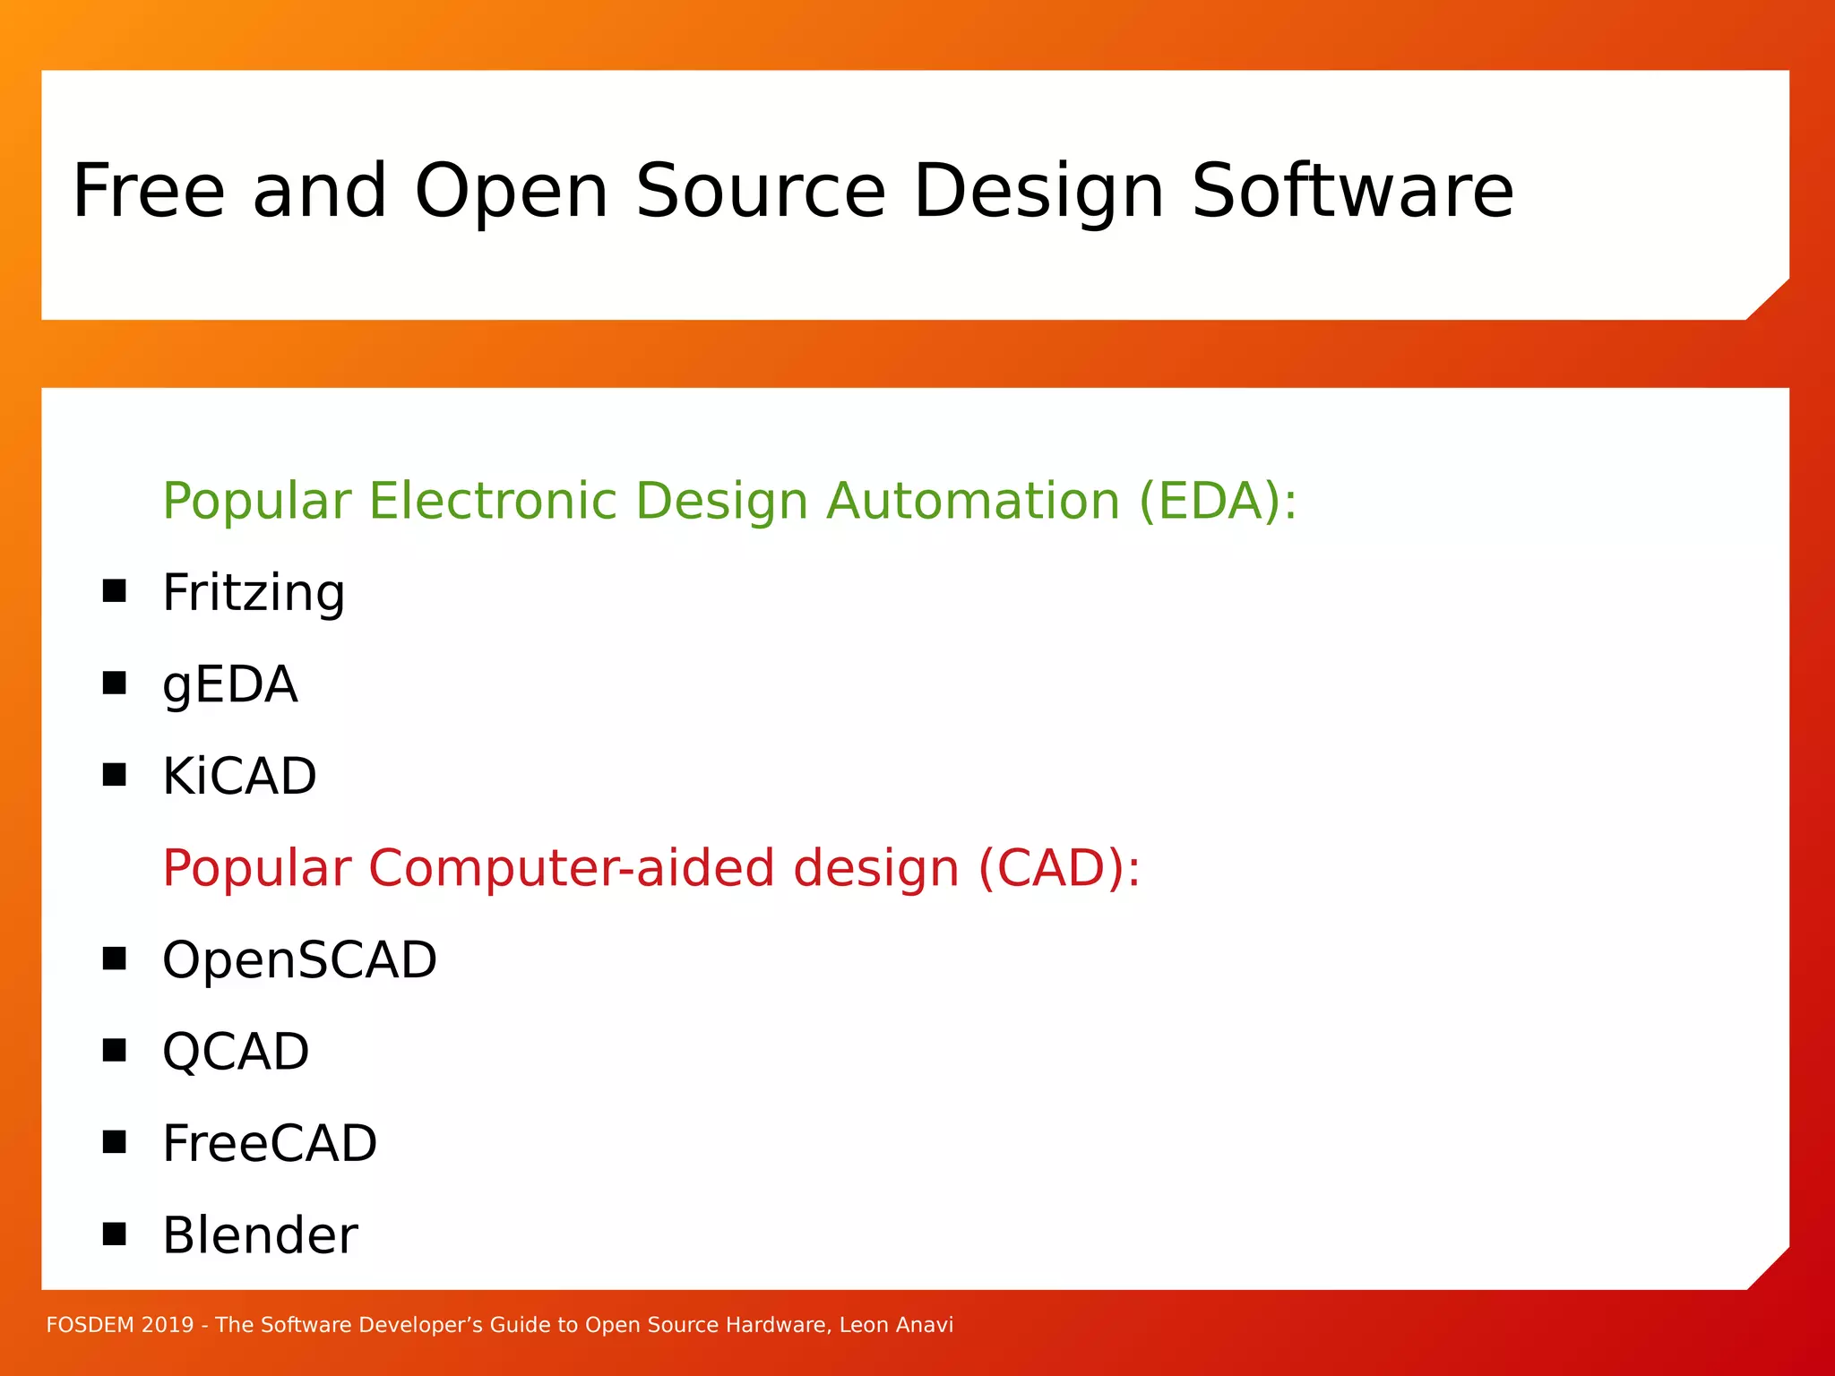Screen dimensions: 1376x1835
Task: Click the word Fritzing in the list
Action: tap(254, 593)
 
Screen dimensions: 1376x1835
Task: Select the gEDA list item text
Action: tap(229, 685)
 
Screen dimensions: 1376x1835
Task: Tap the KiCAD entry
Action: tap(239, 776)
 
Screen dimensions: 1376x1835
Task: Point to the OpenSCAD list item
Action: tap(299, 960)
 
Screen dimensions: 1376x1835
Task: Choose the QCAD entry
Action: tap(236, 1052)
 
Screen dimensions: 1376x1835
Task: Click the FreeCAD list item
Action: tap(270, 1144)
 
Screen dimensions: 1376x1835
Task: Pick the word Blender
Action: tap(260, 1235)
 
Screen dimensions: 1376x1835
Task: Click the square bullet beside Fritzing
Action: tap(114, 591)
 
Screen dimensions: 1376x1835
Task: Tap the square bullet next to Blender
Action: tap(114, 1234)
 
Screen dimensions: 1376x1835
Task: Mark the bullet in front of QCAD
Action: tap(114, 1050)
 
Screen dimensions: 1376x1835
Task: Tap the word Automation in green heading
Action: tap(973, 501)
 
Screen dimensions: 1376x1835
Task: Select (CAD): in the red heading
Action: tap(1059, 868)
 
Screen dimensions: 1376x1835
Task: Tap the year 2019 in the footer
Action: tap(168, 1325)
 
